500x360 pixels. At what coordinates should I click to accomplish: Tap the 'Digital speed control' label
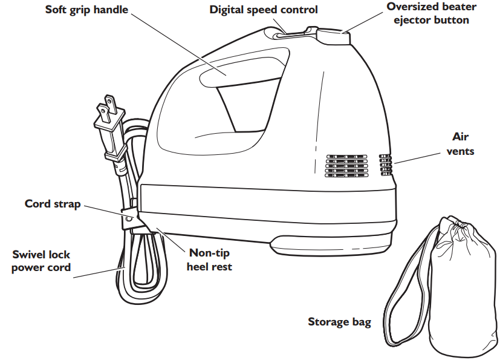[x=264, y=10]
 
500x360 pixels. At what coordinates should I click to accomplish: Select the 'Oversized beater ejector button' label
[x=431, y=13]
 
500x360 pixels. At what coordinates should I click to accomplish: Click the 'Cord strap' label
[x=53, y=204]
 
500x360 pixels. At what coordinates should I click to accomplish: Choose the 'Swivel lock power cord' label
[x=41, y=261]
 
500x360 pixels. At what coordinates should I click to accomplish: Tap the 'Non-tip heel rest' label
[x=209, y=260]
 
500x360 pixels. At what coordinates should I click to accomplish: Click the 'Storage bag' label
[x=339, y=321]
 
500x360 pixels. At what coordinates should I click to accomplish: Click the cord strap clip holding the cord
[x=129, y=216]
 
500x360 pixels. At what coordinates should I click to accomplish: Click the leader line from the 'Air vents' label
[x=417, y=157]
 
